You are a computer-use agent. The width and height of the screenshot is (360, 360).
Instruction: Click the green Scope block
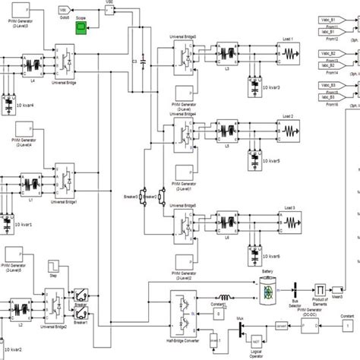tap(81, 28)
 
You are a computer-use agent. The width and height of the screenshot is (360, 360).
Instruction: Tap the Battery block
tap(267, 289)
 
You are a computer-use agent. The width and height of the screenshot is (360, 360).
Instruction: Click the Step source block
tap(55, 266)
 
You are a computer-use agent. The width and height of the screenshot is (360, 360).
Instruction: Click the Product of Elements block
tap(321, 289)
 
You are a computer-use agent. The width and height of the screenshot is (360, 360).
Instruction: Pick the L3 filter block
tap(232, 54)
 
